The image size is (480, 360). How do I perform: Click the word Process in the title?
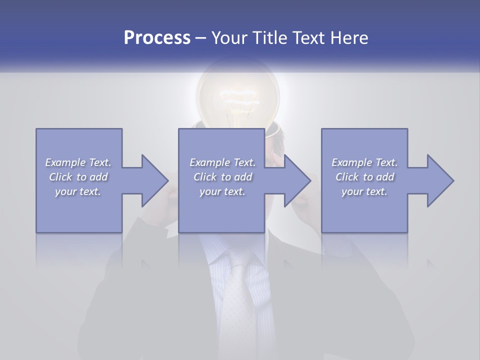157,38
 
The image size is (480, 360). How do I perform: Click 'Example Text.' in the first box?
78,162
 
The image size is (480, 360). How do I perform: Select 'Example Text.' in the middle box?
222,162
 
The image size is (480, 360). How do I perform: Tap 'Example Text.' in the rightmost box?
364,162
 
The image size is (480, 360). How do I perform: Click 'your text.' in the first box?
78,191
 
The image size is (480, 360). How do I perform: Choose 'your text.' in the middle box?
222,191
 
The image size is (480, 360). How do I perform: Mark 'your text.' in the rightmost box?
364,191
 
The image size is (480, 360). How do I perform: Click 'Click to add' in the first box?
78,177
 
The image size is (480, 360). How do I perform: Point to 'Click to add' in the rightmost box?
364,177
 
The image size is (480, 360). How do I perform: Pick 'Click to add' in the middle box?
222,177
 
